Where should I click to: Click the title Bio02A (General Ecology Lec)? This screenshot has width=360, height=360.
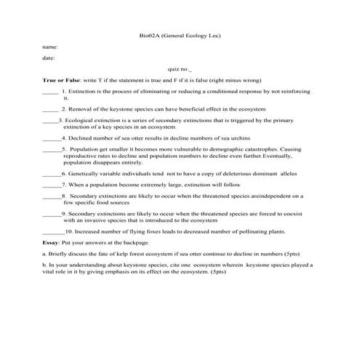[179, 35]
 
